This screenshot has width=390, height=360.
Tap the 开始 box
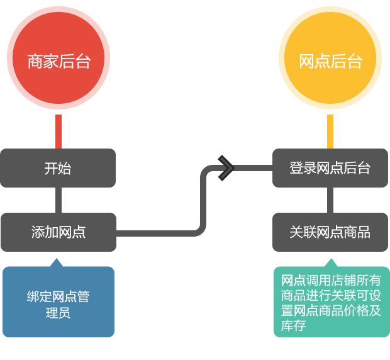[58, 168]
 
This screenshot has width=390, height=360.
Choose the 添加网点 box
[58, 232]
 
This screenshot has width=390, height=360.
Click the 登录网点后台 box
[330, 168]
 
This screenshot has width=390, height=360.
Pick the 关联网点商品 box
[330, 232]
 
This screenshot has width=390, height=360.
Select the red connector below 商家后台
[58, 132]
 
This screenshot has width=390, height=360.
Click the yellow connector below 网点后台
[330, 132]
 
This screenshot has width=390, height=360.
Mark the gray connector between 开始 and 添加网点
[58, 200]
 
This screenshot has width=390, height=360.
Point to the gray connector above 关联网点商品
[330, 200]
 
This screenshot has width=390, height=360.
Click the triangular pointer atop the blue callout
[58, 262]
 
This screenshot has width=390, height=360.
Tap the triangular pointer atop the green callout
[330, 262]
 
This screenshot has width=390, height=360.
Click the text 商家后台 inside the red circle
[58, 62]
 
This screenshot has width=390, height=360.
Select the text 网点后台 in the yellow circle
[330, 62]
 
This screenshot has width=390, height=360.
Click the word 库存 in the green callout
[293, 326]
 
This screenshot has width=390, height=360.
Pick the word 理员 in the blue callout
[58, 312]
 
